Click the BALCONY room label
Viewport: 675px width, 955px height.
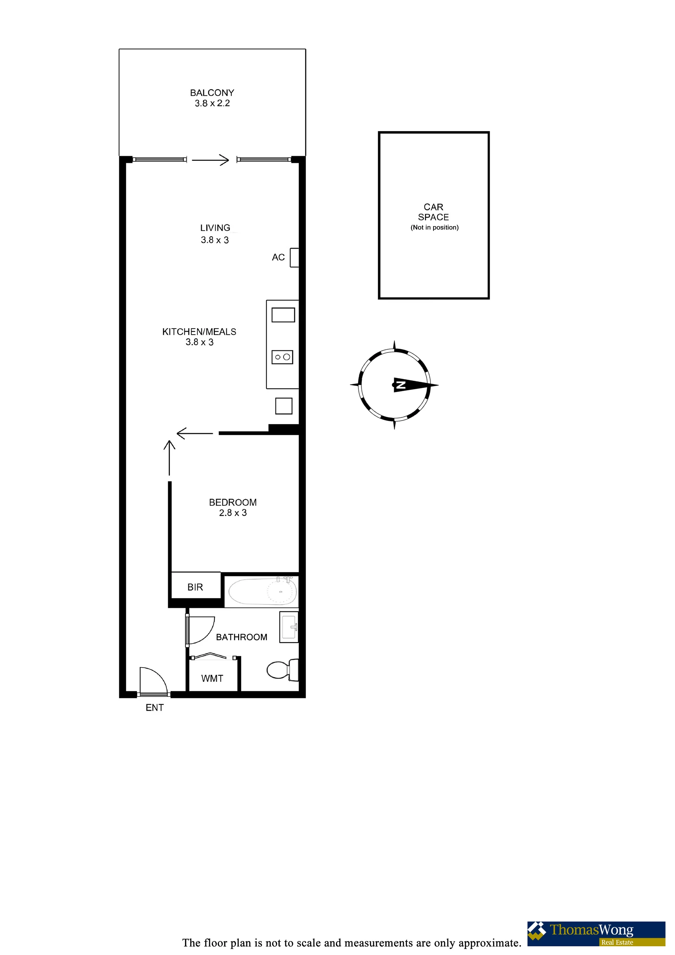coord(212,93)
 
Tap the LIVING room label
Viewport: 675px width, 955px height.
coord(215,228)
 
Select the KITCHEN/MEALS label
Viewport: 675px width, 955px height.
coord(199,331)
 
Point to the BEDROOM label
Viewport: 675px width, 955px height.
coord(233,502)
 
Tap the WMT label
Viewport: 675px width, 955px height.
coord(212,679)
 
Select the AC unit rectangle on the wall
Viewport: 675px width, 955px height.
coord(294,257)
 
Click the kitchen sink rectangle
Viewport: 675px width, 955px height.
coord(283,315)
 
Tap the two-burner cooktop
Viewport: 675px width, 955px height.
coord(282,357)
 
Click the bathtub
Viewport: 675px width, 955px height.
coord(263,591)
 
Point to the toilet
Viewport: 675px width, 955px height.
coord(283,670)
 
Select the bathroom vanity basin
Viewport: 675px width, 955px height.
coord(289,627)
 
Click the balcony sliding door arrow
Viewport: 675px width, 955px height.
coord(210,160)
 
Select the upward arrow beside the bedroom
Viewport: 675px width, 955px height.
coord(169,458)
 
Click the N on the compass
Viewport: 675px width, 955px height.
coord(400,385)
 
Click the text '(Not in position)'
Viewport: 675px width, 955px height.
coord(435,228)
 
